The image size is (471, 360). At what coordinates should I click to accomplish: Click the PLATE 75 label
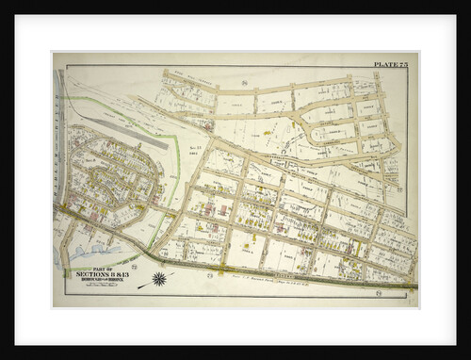coord(392,64)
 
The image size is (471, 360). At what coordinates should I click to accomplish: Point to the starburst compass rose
coord(159,279)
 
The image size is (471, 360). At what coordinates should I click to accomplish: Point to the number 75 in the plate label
coord(403,64)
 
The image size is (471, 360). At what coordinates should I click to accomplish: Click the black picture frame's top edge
coord(235,7)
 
